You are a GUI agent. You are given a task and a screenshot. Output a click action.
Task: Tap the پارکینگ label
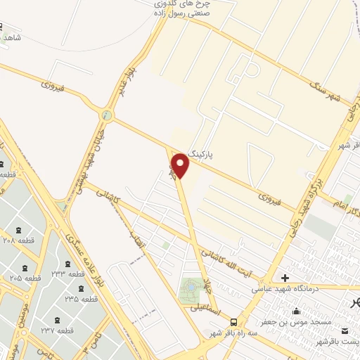pos(213,153)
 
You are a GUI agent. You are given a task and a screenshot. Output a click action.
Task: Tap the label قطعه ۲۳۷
pos(57,330)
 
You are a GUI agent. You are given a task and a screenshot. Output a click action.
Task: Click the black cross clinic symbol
pos(284,277)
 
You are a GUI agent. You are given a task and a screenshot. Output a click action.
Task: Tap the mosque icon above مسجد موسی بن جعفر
pos(295,310)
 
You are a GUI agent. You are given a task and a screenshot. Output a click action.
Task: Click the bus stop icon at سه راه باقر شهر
pos(233,321)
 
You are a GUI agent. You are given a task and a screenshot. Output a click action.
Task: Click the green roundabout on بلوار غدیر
pos(107,115)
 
